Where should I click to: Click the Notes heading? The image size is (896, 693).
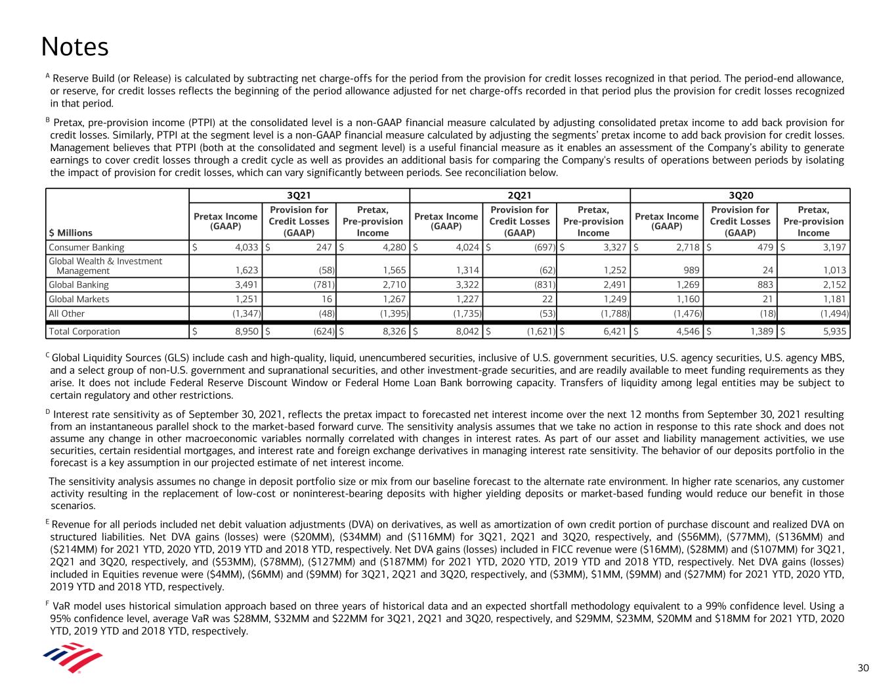pyautogui.click(x=75, y=47)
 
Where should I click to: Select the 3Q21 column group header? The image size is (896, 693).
pyautogui.click(x=299, y=195)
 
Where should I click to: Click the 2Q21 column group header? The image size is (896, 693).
pyautogui.click(x=519, y=195)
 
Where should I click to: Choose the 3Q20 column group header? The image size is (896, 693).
pyautogui.click(x=740, y=195)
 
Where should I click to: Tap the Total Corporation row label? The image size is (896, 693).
pyautogui.click(x=85, y=331)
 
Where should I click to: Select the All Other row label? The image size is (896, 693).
pyautogui.click(x=67, y=313)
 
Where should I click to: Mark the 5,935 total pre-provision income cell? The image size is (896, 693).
pyautogui.click(x=832, y=331)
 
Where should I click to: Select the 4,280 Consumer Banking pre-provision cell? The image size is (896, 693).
pyautogui.click(x=391, y=248)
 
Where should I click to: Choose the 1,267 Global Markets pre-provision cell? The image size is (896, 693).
pyautogui.click(x=393, y=299)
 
